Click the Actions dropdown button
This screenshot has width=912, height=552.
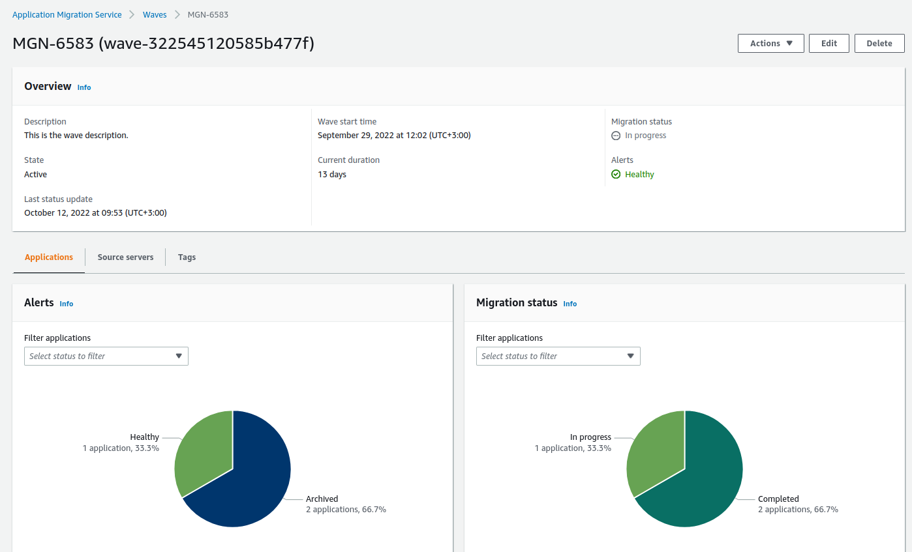tap(770, 43)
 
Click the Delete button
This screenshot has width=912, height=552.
tap(879, 43)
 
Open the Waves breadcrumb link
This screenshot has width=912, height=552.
tap(155, 14)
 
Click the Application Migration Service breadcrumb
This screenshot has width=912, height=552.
tap(67, 14)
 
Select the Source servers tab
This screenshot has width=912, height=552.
tap(125, 257)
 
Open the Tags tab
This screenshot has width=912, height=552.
tap(187, 257)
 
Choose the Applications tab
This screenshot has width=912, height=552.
tap(49, 257)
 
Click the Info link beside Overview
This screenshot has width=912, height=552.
tap(84, 87)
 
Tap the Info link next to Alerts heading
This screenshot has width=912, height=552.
tap(67, 304)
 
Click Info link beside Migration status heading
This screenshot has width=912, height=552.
tap(570, 304)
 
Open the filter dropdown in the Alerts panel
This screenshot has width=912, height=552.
tap(106, 356)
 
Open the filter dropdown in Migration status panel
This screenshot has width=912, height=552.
tap(558, 356)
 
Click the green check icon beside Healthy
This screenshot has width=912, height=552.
tap(616, 174)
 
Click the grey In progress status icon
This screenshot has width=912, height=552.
tap(616, 136)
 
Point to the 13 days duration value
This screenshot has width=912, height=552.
tap(332, 174)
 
